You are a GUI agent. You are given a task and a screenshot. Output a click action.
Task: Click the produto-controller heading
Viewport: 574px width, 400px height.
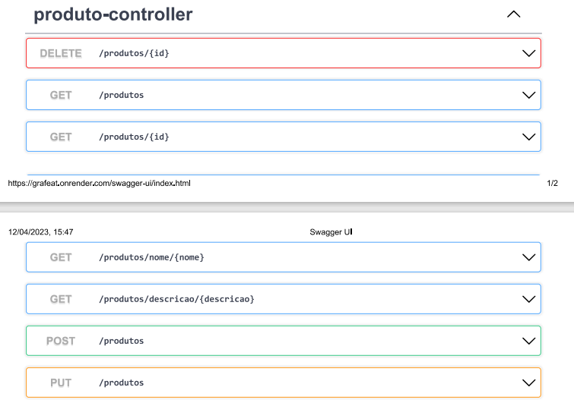(x=113, y=14)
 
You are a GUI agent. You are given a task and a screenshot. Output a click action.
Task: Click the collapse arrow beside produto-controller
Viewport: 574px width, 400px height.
(x=514, y=14)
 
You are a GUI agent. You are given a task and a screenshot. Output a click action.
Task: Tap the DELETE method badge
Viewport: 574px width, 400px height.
(x=61, y=53)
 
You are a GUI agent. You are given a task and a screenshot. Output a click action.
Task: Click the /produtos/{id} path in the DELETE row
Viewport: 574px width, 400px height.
(x=134, y=53)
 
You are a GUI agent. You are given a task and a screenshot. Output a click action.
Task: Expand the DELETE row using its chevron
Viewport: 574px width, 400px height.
(x=530, y=53)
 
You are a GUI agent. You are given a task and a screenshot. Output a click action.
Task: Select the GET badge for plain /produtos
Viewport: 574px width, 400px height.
(x=61, y=95)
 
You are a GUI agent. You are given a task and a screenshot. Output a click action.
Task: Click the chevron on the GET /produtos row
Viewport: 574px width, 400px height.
(x=530, y=95)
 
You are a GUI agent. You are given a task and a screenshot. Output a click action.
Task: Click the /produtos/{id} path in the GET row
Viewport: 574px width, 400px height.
(x=134, y=137)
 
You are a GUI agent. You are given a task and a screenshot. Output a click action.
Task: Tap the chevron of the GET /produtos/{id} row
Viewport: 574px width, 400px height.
(x=530, y=137)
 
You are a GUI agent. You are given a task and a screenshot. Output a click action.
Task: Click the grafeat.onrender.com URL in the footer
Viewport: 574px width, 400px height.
(x=99, y=184)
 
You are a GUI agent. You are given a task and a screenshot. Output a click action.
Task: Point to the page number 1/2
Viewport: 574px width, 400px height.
(x=552, y=184)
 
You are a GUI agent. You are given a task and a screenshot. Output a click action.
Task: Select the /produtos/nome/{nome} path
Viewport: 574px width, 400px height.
(x=151, y=257)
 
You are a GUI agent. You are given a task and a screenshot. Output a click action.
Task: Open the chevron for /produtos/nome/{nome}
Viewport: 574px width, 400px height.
(x=530, y=257)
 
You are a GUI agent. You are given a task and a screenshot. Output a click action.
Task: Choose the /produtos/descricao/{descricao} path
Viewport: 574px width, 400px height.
(x=176, y=299)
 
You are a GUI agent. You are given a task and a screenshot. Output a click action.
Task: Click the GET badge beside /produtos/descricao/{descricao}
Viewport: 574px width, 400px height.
(x=61, y=299)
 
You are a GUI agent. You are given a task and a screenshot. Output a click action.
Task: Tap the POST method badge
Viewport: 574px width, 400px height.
(x=61, y=341)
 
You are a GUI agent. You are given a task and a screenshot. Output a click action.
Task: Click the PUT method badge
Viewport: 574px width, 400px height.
(x=61, y=383)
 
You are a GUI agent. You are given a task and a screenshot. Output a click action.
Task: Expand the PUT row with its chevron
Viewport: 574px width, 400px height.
(x=530, y=383)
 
